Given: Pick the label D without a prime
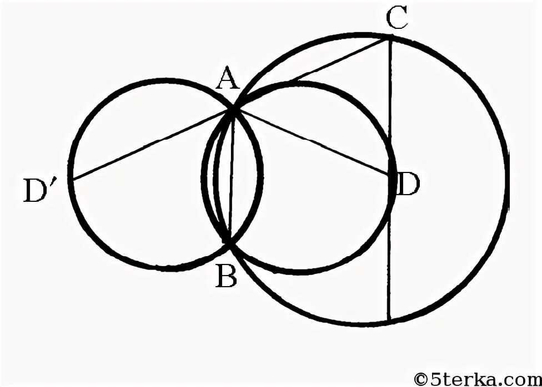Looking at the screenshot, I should tap(409, 184).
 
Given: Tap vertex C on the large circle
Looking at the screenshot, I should tap(390, 38).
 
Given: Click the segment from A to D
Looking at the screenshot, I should tap(311, 142).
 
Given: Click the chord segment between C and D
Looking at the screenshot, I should tap(391, 105).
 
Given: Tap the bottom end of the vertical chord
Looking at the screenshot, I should tap(390, 320).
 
